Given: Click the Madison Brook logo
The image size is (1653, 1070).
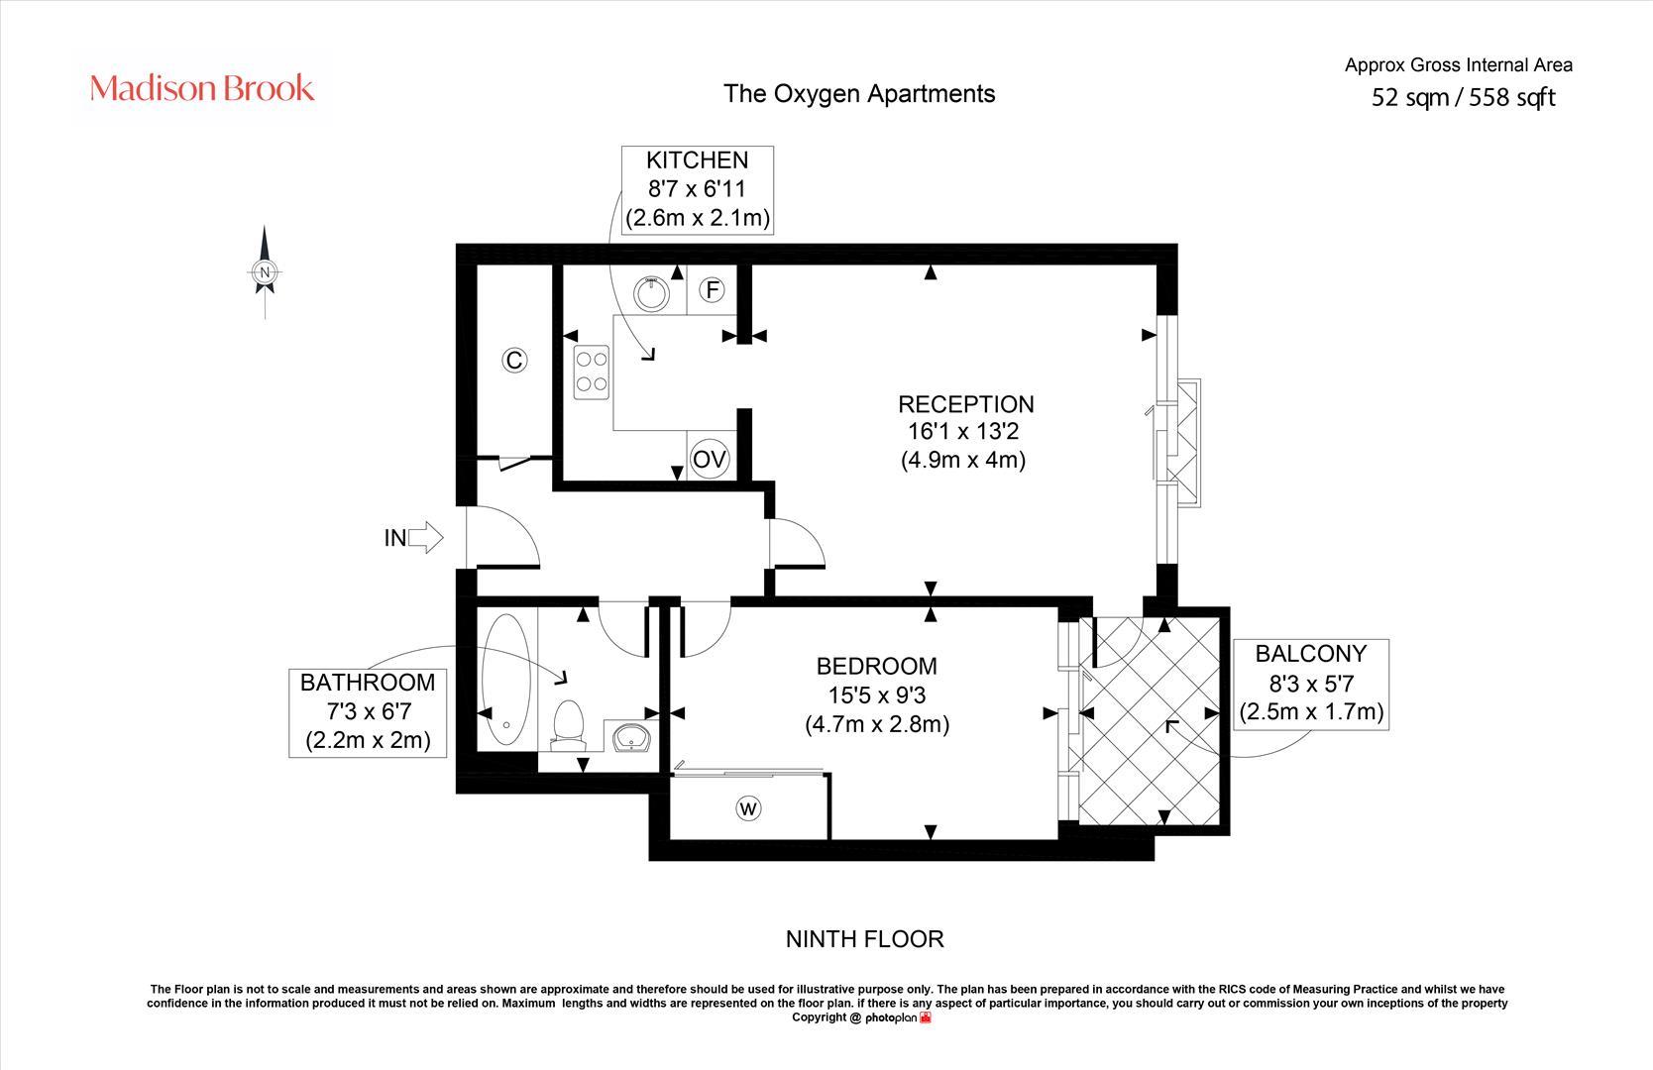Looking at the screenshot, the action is pos(201,88).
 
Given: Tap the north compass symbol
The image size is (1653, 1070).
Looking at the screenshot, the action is pos(265,271).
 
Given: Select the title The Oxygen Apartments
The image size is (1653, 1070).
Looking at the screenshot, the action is pos(859,94).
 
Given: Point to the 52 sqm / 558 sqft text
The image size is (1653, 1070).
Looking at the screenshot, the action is pos(1463,97).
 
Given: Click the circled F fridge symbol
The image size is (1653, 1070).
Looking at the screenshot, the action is pos(713,290).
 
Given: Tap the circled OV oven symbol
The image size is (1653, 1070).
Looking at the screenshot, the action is pos(710,459).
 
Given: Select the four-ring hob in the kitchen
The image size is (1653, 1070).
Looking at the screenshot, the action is pos(591,372).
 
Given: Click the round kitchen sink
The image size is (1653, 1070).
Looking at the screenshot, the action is pos(651,293).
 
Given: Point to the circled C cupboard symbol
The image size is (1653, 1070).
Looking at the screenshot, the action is pos(514,360).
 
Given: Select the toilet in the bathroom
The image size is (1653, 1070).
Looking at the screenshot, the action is pos(568,725).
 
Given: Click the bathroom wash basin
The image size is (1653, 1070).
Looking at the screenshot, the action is pos(631,736).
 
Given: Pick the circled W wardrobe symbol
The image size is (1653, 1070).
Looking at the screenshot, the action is pos(748,808).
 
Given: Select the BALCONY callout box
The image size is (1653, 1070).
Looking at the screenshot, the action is pos(1311,684).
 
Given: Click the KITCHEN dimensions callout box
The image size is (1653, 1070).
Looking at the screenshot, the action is pos(698,189).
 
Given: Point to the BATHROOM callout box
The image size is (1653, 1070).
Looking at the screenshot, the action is pos(368,712).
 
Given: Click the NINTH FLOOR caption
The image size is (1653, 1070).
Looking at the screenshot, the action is pos(865,939).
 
